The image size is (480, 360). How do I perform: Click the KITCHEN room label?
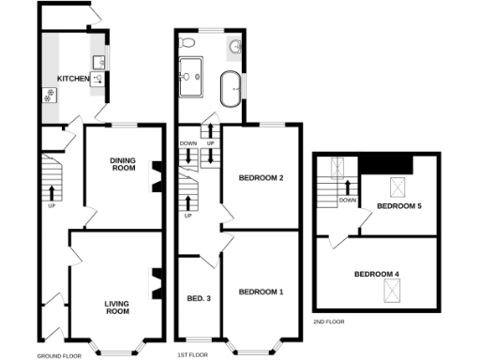click(73, 78)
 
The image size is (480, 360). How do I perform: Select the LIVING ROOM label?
click(116, 307)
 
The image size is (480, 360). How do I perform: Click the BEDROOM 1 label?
click(261, 292)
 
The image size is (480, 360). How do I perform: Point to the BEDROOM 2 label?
click(261, 177)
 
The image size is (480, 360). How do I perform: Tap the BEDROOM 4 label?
click(377, 274)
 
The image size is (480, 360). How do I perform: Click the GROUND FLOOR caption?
click(59, 356)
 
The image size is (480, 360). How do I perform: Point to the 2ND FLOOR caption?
click(329, 322)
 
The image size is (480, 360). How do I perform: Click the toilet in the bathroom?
click(188, 43)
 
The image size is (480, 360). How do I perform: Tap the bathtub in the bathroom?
click(229, 91)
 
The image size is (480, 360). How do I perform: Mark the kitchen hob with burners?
click(49, 94)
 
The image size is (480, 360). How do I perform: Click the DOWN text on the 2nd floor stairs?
click(347, 200)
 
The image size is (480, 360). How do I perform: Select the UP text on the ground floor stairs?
click(51, 205)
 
